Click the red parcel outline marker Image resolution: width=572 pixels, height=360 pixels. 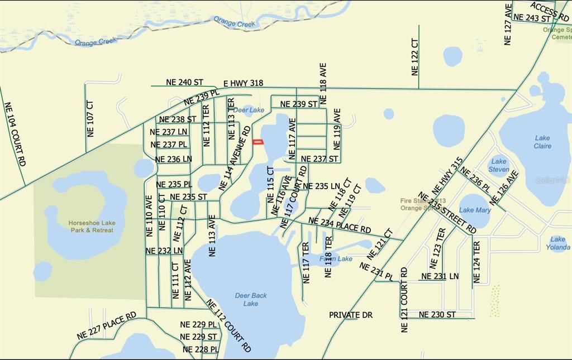[x=258, y=142]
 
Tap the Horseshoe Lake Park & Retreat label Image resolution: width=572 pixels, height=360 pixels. [x=91, y=226]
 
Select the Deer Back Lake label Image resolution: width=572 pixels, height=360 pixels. [x=251, y=299]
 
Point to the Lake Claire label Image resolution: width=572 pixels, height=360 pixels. [x=542, y=142]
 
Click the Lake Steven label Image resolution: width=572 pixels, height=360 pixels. [x=499, y=165]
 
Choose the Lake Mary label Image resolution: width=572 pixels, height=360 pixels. [x=475, y=210]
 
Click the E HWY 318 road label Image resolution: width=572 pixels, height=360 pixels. [x=243, y=83]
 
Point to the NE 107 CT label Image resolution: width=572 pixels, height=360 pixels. [x=90, y=118]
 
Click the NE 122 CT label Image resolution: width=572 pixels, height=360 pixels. [x=414, y=57]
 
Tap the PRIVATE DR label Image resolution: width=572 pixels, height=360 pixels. [x=350, y=315]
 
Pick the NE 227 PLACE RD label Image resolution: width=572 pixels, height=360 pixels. [x=107, y=326]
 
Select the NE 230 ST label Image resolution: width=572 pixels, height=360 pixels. [x=437, y=315]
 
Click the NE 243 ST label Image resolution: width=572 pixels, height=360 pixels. [x=532, y=18]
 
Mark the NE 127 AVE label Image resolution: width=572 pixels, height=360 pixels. [x=508, y=25]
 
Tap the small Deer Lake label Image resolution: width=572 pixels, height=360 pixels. [x=249, y=110]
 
